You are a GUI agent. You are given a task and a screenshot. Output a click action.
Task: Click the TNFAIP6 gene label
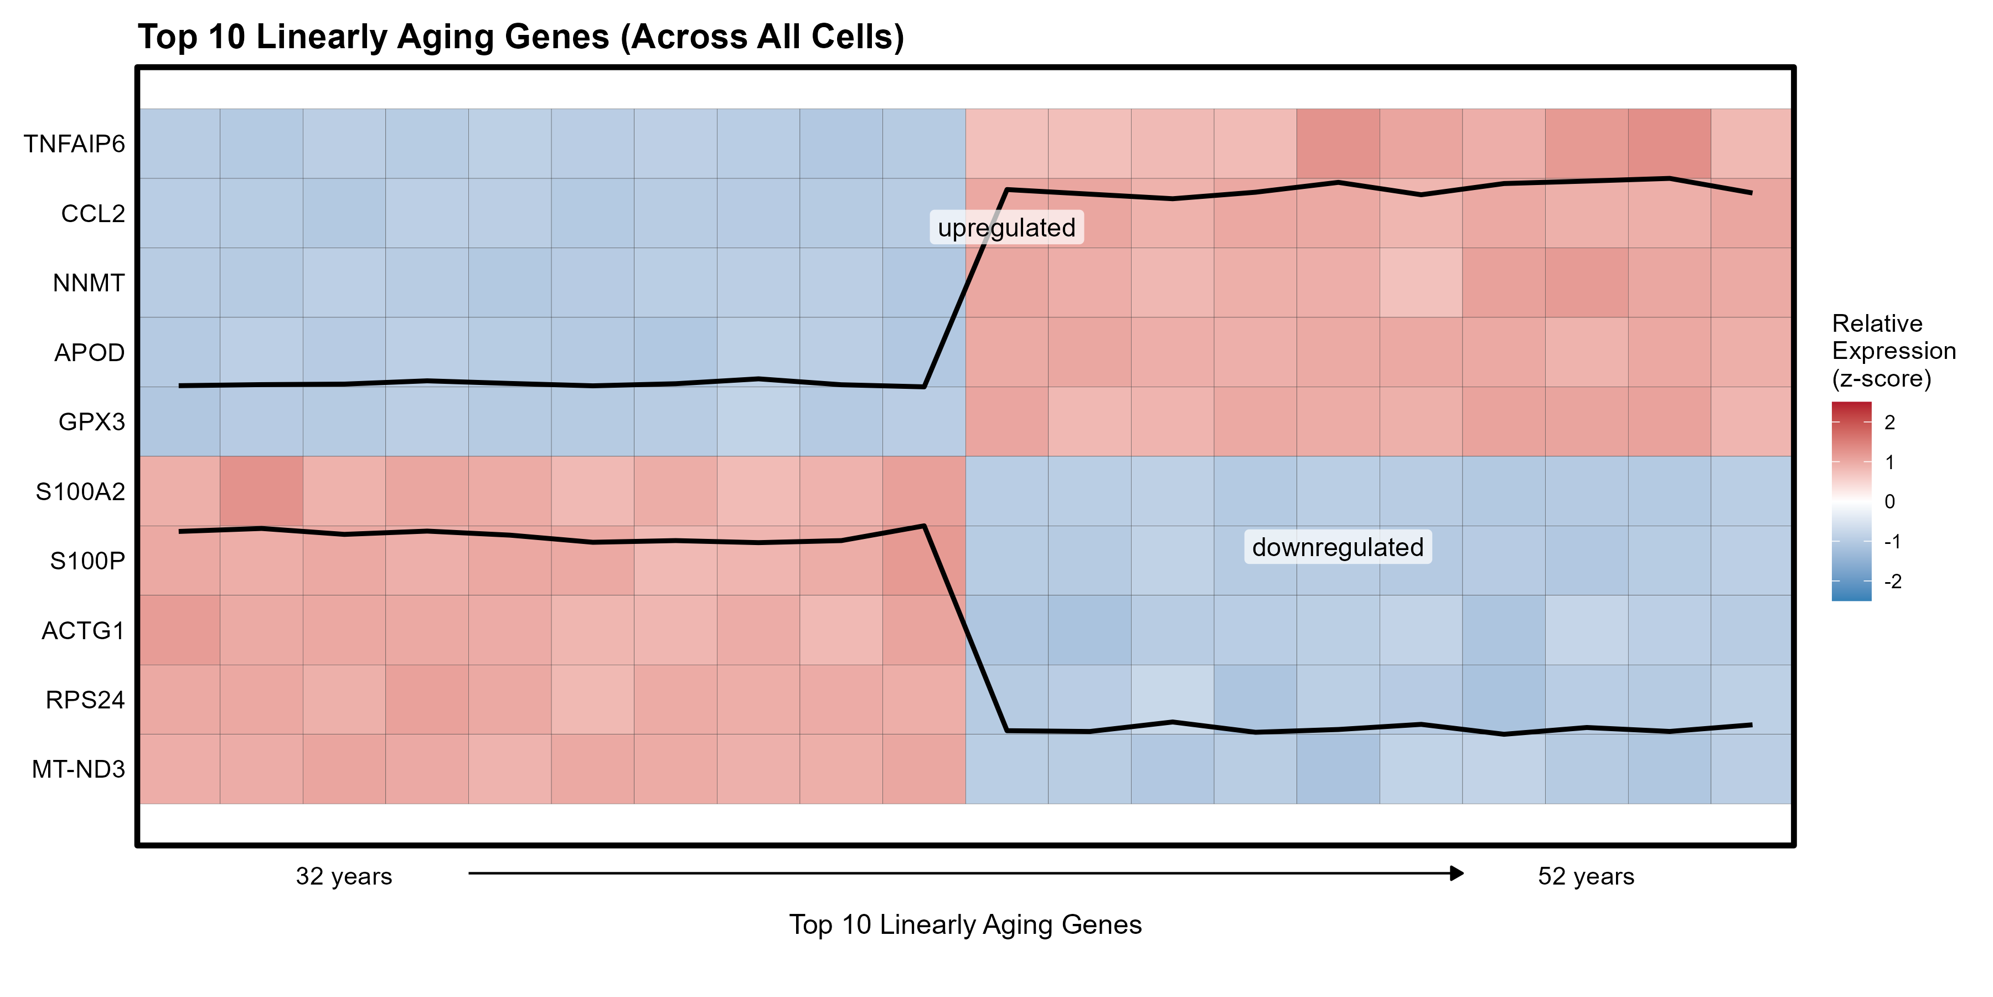point(74,144)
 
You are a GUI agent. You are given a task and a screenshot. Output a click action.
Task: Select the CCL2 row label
point(93,214)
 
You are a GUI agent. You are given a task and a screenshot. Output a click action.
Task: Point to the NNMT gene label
point(88,283)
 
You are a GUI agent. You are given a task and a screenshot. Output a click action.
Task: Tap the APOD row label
point(89,353)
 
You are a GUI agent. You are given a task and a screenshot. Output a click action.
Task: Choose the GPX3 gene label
point(91,422)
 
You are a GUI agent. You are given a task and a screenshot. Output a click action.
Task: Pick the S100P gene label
point(87,561)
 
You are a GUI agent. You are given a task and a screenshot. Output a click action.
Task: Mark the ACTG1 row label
point(83,631)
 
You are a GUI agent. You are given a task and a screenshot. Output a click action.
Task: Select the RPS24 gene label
point(85,700)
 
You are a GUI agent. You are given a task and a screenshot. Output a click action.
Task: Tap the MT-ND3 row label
point(78,769)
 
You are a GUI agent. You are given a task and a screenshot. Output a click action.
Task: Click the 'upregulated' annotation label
point(1006,228)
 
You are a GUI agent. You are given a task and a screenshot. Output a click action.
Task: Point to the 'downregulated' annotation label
point(1338,547)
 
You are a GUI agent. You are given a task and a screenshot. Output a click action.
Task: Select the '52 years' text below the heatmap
point(1586,876)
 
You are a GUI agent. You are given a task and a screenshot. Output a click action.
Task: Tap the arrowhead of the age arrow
point(1457,873)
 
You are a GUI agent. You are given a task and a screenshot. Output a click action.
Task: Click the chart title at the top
point(521,37)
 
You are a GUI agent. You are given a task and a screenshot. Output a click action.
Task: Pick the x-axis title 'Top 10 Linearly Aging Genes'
point(965,925)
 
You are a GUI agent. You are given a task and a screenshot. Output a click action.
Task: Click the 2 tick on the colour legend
point(1889,423)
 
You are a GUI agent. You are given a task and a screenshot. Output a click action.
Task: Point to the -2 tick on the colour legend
point(1892,582)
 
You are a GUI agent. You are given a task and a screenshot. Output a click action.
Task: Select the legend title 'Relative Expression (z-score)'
point(1893,351)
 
